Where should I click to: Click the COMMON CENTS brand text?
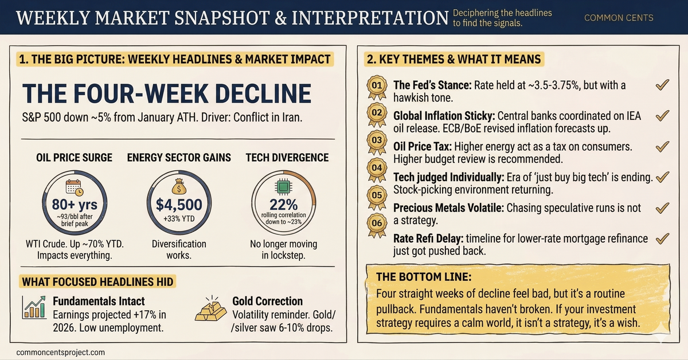click(x=619, y=18)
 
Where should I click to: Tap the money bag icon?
click(x=179, y=185)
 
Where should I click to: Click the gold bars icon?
click(x=212, y=310)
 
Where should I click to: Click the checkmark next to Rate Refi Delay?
click(x=662, y=238)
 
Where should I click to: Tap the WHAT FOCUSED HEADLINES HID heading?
click(x=98, y=281)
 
